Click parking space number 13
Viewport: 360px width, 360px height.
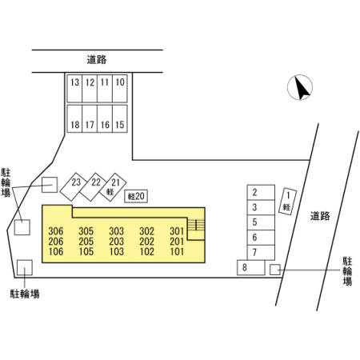click(74, 89)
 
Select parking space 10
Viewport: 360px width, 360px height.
click(120, 89)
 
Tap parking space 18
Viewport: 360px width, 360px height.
click(74, 118)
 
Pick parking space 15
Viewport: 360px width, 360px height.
click(120, 118)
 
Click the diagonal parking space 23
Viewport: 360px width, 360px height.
click(73, 186)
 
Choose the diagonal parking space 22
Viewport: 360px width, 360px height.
click(93, 186)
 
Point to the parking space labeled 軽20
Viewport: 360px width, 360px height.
click(136, 196)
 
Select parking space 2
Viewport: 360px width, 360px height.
click(261, 192)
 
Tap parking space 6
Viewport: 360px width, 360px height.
click(261, 237)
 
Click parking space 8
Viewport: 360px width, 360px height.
click(251, 267)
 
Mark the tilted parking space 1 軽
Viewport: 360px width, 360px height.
click(287, 202)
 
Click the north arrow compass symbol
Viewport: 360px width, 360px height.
click(300, 87)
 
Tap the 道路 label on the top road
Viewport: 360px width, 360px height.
click(97, 60)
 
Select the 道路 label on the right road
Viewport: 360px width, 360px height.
click(320, 216)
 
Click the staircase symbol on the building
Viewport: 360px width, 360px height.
click(196, 225)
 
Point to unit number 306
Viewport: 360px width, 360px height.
click(56, 231)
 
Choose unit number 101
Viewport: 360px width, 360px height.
click(177, 251)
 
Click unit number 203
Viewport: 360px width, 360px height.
click(117, 242)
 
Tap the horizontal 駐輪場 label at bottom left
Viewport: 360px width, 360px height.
click(25, 294)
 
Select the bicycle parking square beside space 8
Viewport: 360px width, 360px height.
click(275, 270)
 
